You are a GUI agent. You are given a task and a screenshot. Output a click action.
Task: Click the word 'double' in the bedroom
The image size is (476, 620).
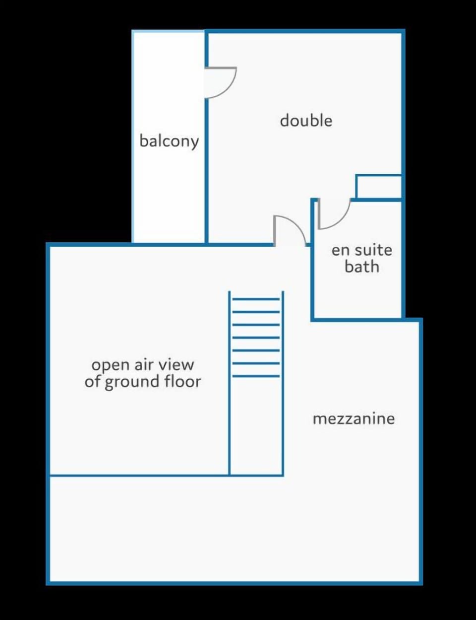(x=306, y=121)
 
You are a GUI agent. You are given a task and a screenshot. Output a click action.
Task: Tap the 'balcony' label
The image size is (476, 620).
(x=169, y=141)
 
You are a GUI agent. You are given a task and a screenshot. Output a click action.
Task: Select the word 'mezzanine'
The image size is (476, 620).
(x=354, y=419)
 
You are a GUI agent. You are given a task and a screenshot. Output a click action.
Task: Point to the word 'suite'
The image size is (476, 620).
(x=373, y=250)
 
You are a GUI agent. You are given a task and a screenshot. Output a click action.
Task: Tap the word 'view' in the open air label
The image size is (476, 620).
(x=176, y=365)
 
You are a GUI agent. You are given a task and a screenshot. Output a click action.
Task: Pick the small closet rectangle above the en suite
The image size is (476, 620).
(x=379, y=187)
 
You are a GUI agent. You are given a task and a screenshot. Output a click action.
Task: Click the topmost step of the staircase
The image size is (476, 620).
(x=256, y=299)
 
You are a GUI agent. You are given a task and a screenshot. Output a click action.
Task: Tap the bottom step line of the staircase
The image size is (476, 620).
(x=256, y=376)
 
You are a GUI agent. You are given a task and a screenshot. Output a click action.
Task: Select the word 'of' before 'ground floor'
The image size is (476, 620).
(x=93, y=381)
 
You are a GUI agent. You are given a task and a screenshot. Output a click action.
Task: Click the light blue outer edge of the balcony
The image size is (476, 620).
(x=133, y=137)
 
